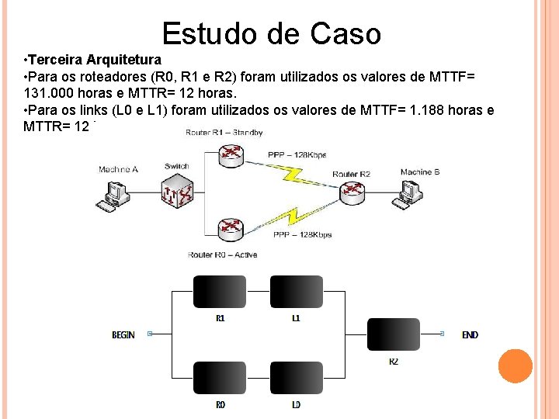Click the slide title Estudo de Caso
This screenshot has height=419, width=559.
click(x=272, y=34)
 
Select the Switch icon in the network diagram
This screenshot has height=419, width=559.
click(x=178, y=190)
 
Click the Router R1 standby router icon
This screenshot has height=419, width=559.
click(x=231, y=155)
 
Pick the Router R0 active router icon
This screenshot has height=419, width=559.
click(x=231, y=227)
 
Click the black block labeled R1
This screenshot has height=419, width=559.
click(x=220, y=292)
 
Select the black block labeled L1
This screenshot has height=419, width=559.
click(x=296, y=292)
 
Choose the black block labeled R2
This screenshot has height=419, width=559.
click(x=393, y=334)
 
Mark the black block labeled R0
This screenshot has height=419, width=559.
click(x=220, y=378)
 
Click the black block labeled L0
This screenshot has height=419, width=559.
click(x=296, y=378)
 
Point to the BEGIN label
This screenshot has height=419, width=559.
click(x=123, y=335)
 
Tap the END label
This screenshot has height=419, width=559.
click(x=470, y=335)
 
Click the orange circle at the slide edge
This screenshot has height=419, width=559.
click(x=515, y=366)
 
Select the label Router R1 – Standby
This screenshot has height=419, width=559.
click(x=224, y=133)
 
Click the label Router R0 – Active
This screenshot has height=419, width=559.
click(x=222, y=255)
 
